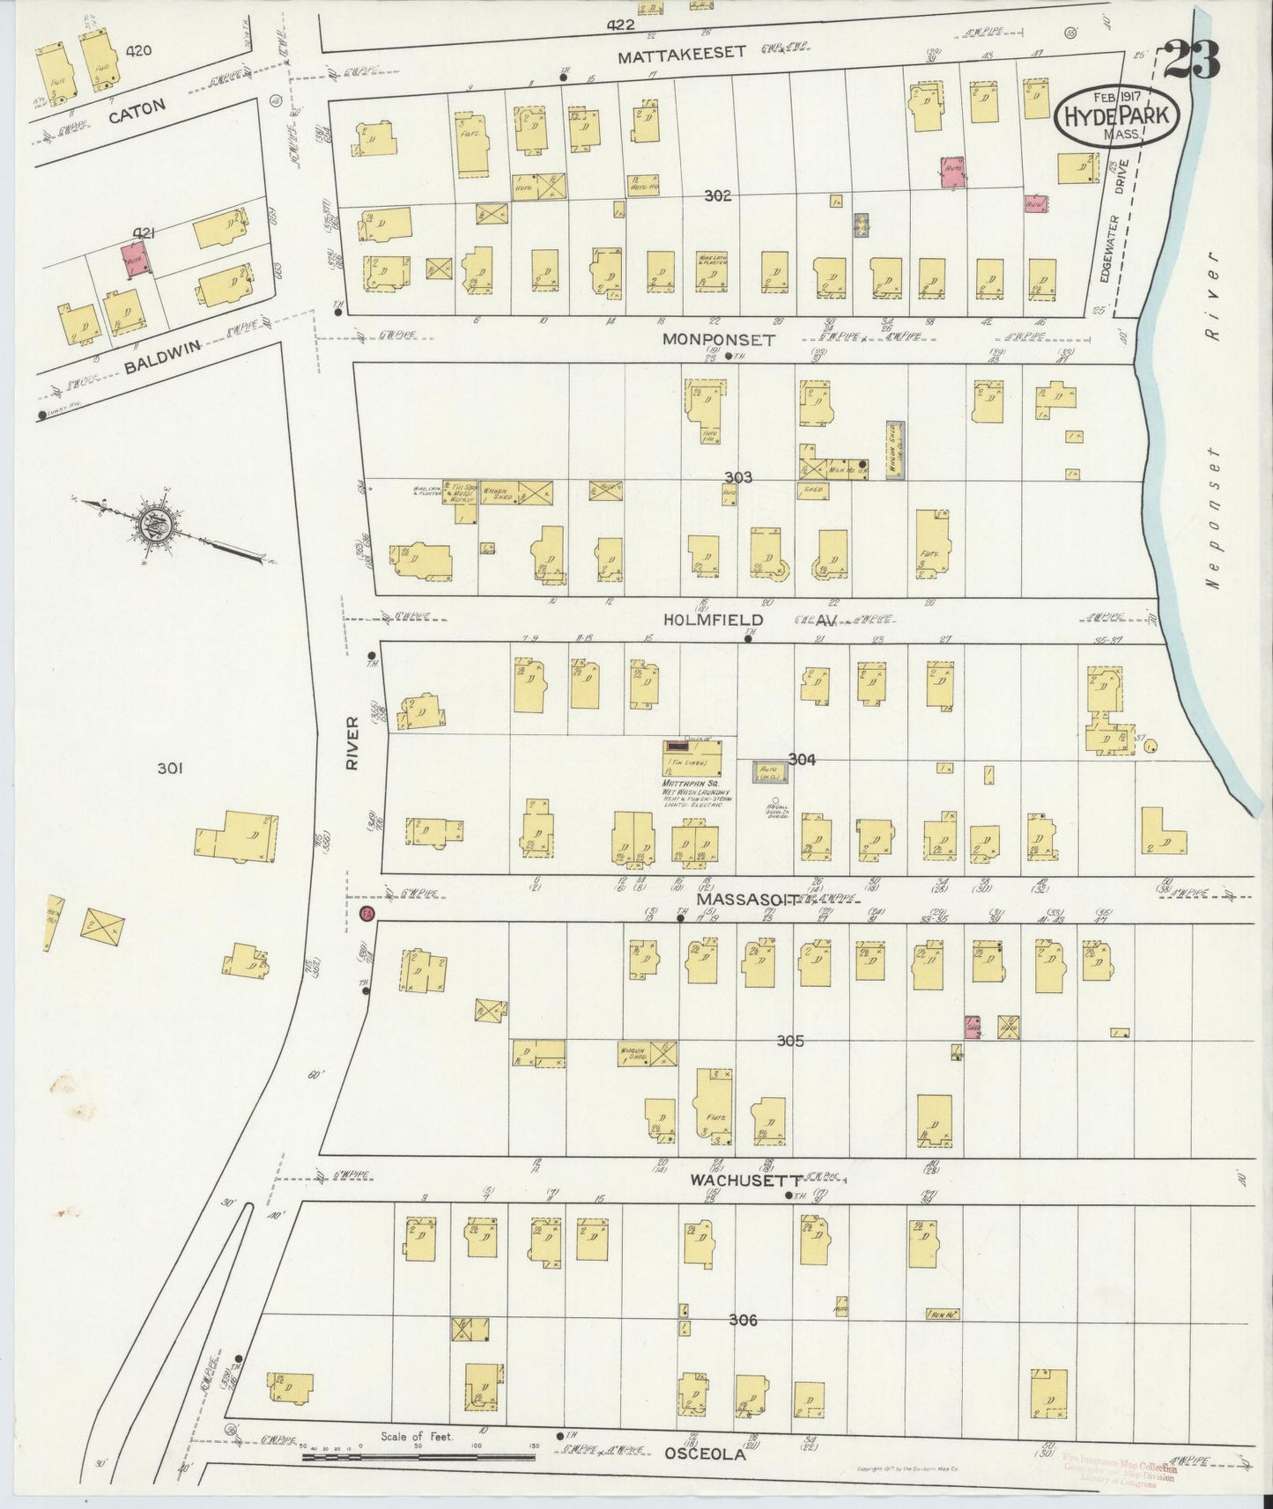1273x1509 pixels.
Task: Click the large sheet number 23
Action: click(x=1193, y=59)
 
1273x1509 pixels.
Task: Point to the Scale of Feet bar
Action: click(x=418, y=1457)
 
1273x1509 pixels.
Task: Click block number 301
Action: click(x=169, y=769)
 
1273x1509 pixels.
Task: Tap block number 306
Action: click(x=743, y=1320)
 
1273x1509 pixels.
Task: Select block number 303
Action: click(x=737, y=477)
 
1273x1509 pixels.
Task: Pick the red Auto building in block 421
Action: click(x=136, y=261)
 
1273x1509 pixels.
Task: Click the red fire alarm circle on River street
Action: click(x=367, y=915)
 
